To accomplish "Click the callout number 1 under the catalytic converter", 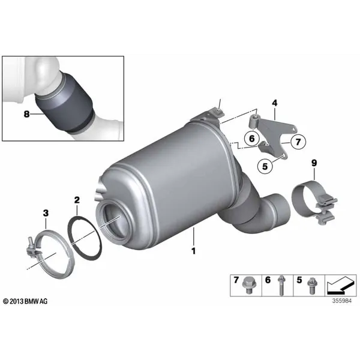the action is tap(194, 251).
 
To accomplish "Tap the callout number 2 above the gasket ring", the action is tap(77, 200).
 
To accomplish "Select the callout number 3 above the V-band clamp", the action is tap(46, 213).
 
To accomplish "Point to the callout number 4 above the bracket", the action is tap(275, 103).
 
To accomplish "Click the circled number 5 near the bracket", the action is tap(265, 166).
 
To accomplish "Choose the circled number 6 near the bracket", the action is tap(252, 139).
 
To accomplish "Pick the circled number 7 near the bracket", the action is tap(298, 142).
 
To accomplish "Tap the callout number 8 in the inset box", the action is tap(27, 114).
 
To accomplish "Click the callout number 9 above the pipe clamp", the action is tap(314, 163).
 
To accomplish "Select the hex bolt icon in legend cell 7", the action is tap(248, 285).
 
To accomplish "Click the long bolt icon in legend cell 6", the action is tap(281, 286).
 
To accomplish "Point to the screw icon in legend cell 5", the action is tap(311, 286).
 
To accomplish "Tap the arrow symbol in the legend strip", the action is tap(340, 286).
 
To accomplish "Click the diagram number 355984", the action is tap(342, 301).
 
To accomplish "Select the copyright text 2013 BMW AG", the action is tap(25, 301).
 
